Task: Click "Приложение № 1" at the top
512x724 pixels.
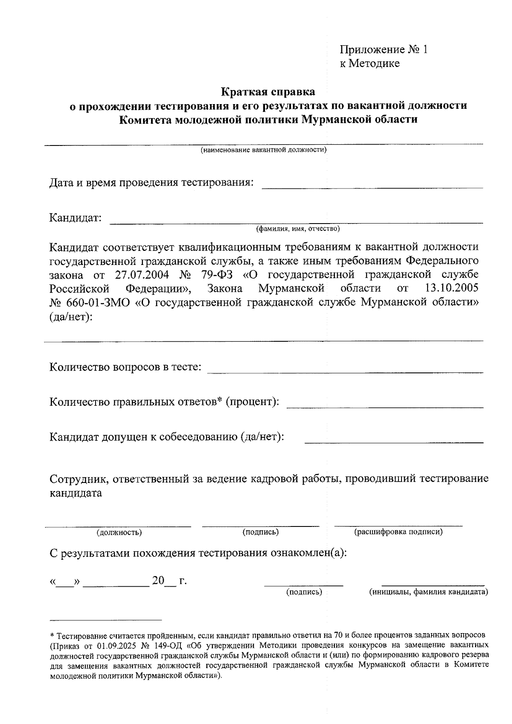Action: coord(383,50)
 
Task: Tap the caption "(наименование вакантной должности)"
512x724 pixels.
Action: coord(264,150)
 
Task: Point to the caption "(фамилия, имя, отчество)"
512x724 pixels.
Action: coord(297,229)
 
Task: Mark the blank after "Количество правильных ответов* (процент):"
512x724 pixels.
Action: coord(385,406)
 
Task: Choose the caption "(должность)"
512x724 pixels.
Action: coord(119,532)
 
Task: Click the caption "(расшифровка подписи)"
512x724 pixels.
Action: coord(398,532)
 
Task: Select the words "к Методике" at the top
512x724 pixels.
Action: coord(369,64)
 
